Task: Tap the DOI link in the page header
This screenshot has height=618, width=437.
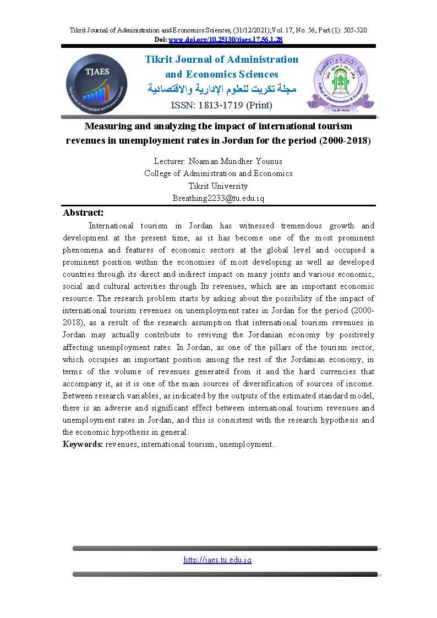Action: tap(225, 40)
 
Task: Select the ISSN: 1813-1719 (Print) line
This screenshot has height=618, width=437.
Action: tap(222, 105)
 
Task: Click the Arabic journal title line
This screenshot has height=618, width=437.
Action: tap(222, 89)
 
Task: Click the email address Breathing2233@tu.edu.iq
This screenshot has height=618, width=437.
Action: tap(218, 198)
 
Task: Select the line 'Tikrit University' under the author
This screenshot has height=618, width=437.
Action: tap(218, 186)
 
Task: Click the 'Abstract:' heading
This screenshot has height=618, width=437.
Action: tap(83, 212)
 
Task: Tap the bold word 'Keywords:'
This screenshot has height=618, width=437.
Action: tap(83, 444)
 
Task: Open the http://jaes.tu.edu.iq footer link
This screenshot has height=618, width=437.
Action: tap(217, 560)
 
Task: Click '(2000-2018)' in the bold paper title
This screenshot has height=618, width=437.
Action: tap(345, 140)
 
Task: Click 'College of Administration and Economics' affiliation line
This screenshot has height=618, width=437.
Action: tap(218, 173)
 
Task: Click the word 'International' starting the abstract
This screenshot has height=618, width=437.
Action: tap(111, 226)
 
